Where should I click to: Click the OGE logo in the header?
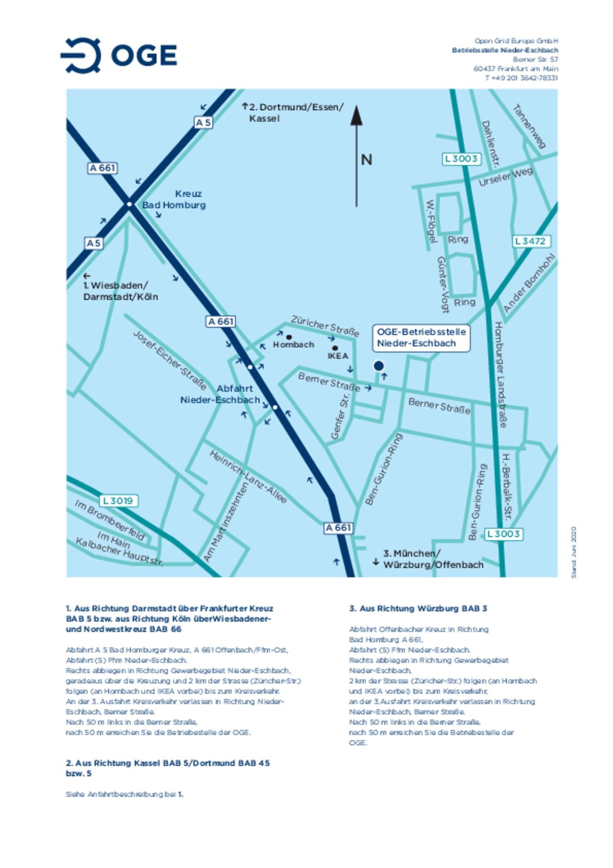[119, 55]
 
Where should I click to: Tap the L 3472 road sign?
[530, 241]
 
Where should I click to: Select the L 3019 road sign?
[118, 501]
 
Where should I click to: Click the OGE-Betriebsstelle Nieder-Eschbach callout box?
[421, 338]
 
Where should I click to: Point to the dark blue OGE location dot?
[378, 365]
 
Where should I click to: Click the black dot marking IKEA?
[335, 348]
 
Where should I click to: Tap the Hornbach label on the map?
[294, 345]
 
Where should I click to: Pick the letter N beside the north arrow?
[367, 160]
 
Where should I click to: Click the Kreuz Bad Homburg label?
[175, 199]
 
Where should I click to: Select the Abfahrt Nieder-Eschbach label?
[220, 394]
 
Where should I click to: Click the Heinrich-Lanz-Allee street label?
[248, 477]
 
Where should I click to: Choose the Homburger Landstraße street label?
[501, 375]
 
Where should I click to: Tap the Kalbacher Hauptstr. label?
[119, 552]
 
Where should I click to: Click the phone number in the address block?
[521, 78]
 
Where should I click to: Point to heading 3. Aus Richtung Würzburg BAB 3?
[418, 609]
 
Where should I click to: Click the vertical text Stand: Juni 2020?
[573, 552]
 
